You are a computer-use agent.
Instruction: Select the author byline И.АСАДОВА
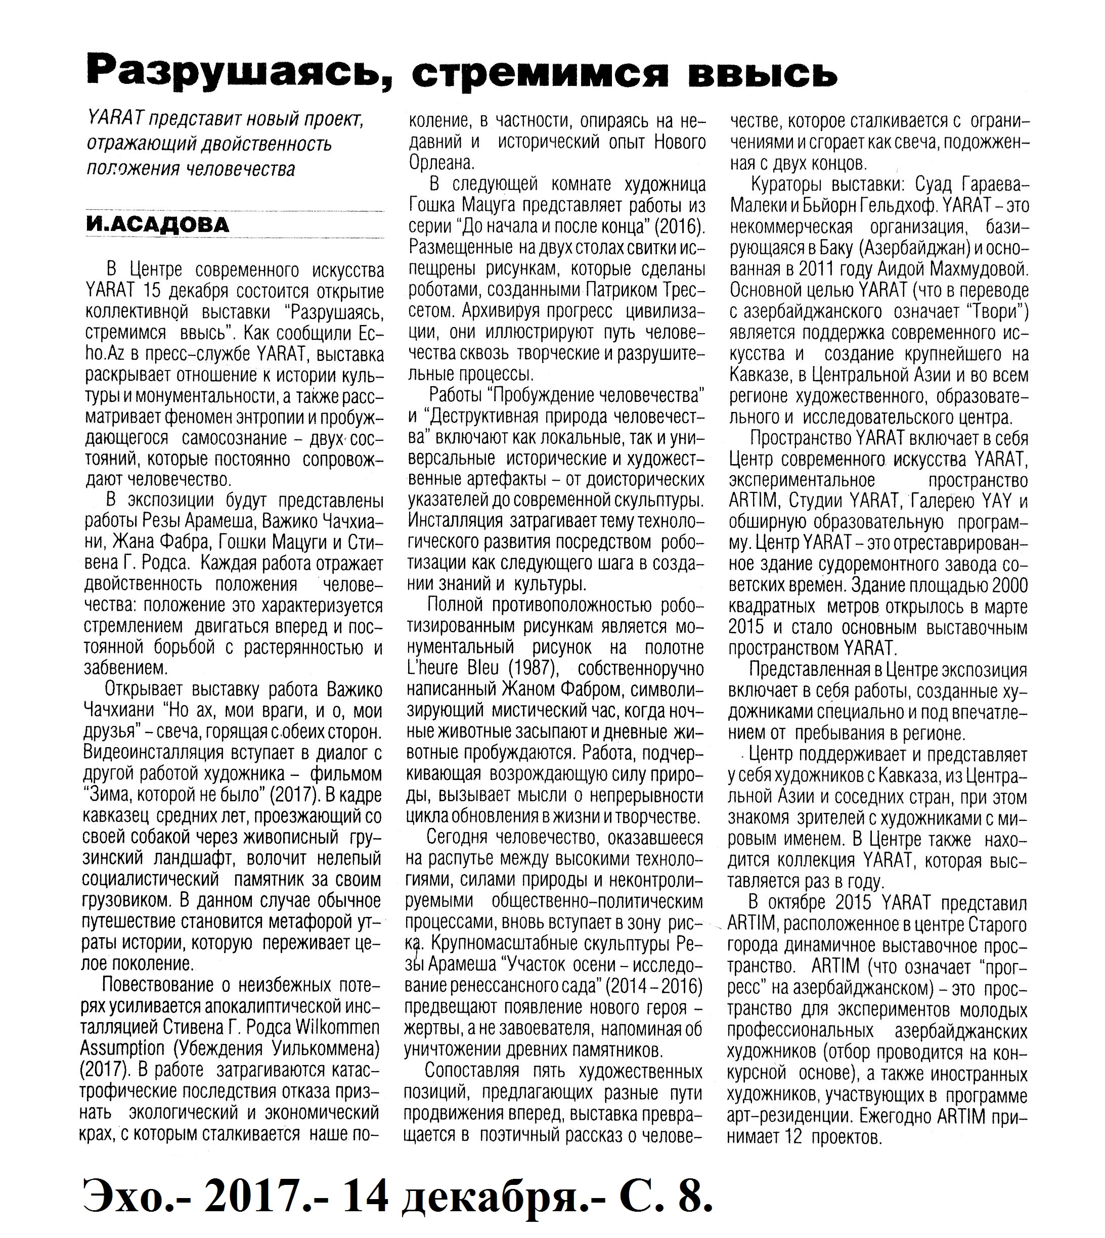157,225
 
